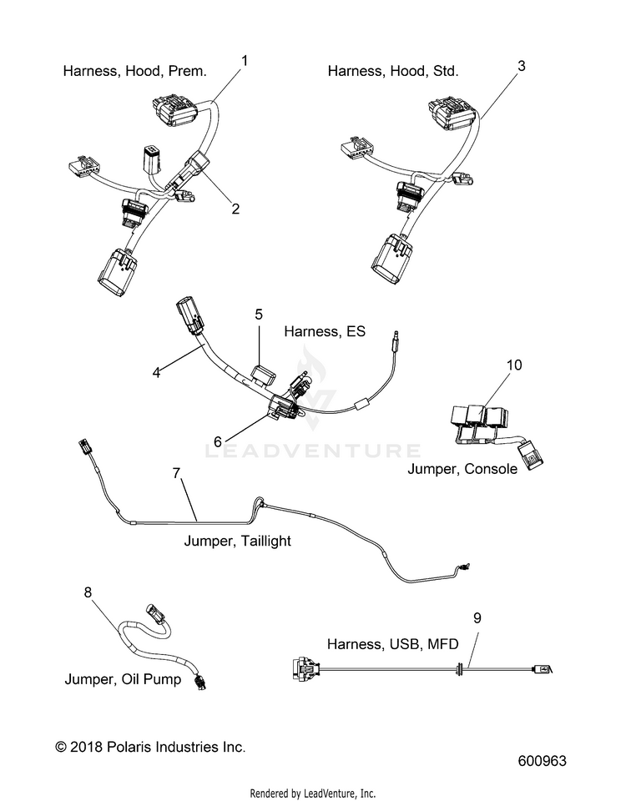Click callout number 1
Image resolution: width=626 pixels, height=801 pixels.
pos(245,61)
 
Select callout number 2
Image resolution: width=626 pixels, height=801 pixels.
pos(235,209)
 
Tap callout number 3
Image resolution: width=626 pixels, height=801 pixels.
pos(521,66)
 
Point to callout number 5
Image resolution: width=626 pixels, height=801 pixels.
pos(259,315)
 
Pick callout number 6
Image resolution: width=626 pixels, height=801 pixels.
pos(218,442)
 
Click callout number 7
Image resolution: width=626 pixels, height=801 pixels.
pos(176,474)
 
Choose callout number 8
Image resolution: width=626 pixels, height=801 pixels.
pos(88,592)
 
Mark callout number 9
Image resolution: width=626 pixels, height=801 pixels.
pos(477,618)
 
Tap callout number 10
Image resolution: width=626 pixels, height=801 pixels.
pos(515,365)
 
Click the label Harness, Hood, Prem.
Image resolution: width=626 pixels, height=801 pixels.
pos(135,71)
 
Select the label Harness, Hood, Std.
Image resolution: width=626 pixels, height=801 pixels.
pos(393,71)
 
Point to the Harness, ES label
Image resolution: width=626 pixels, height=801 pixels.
pos(325,331)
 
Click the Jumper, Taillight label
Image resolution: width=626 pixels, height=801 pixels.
pos(238,541)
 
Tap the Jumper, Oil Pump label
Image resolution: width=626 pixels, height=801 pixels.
pos(123,679)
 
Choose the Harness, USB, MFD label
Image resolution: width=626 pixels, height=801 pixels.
pos(393,644)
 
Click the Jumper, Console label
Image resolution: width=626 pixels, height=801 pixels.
pos(462,469)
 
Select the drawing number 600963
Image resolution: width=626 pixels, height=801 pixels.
pos(543,761)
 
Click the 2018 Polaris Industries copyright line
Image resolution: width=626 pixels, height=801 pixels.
pos(150,747)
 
